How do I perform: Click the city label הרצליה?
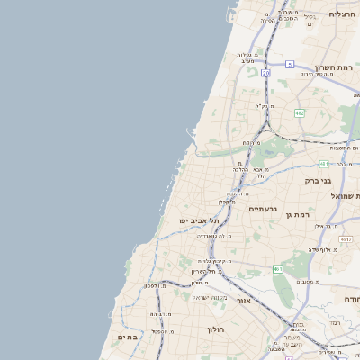343,14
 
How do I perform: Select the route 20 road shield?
266,72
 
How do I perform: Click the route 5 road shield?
290,64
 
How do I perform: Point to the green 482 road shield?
299,112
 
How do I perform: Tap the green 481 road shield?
323,164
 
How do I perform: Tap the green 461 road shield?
279,268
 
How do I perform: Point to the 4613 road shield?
346,239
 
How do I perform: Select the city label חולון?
217,329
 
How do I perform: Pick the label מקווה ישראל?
209,297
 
